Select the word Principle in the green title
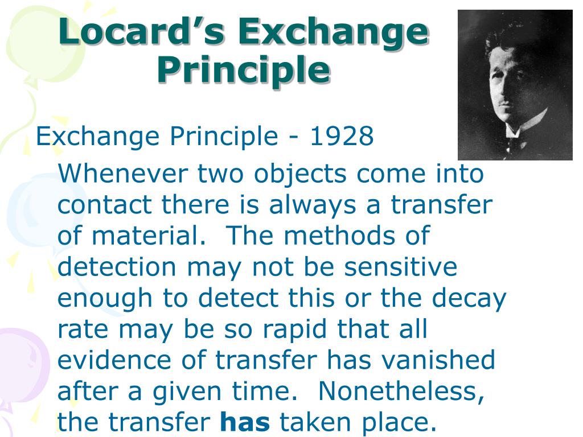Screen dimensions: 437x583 (x=243, y=70)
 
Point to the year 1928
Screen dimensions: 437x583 (x=342, y=137)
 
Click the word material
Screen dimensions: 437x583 (x=151, y=236)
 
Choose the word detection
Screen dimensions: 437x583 (x=117, y=266)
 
